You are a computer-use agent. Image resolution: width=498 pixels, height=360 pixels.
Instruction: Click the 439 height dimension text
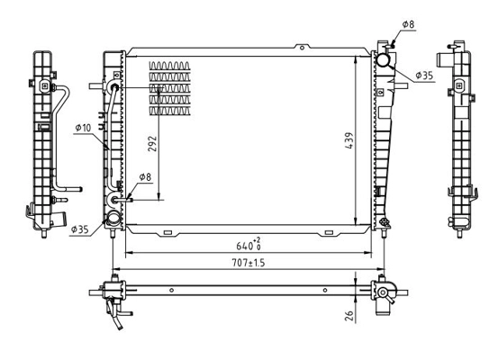(349, 140)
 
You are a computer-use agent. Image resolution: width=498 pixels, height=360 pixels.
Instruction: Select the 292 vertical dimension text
(153, 143)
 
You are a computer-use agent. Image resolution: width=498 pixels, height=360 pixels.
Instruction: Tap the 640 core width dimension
(249, 245)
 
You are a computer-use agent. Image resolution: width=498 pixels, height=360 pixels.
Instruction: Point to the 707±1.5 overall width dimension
(248, 263)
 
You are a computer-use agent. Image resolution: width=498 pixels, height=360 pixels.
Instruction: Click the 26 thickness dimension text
(349, 315)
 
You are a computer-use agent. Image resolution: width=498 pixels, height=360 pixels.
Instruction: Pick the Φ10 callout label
(83, 128)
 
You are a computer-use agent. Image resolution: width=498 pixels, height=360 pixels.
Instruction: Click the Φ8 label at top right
(409, 24)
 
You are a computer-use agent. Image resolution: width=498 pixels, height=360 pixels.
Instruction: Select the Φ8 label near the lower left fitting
(145, 177)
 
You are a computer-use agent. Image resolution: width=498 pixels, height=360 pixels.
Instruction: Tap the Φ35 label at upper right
(424, 76)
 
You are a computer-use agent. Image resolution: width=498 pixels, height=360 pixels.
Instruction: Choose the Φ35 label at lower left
(80, 229)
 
